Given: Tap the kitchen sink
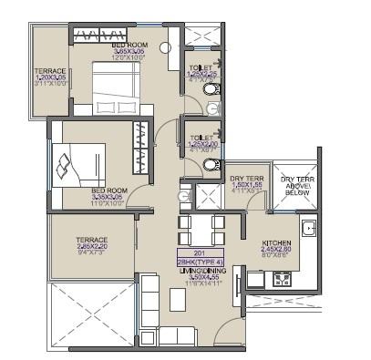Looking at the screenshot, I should (308, 229).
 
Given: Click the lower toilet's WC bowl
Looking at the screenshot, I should (209, 165).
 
